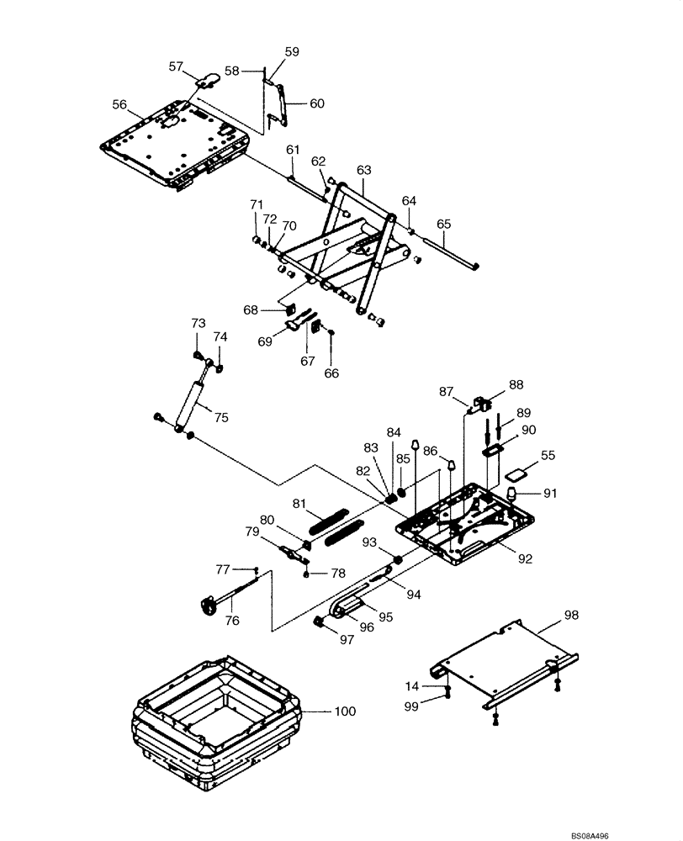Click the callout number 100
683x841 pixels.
pos(345,711)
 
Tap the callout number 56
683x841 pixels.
pos(119,104)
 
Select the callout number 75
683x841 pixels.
pos(221,416)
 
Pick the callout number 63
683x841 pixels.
pos(363,169)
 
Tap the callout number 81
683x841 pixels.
pos(299,503)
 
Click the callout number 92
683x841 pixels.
pos(525,557)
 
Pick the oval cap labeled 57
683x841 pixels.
pos(209,80)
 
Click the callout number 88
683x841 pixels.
pos(516,386)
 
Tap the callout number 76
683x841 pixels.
pos(232,621)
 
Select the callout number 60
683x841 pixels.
pos(316,104)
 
